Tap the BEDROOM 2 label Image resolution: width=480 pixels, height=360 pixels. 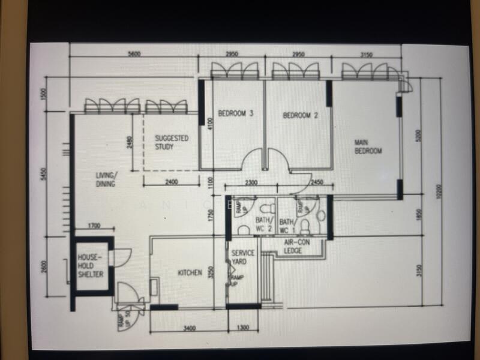click(x=300, y=115)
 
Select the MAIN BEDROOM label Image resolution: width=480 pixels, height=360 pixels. click(x=368, y=146)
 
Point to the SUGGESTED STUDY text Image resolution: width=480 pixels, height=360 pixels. click(x=172, y=142)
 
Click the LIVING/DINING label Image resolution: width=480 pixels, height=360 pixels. click(x=107, y=179)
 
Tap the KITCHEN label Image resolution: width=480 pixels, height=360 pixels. click(x=190, y=273)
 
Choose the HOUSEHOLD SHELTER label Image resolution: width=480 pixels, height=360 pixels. click(x=91, y=266)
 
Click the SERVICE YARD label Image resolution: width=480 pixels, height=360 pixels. click(x=244, y=257)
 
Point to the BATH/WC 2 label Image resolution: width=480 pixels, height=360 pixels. click(x=264, y=225)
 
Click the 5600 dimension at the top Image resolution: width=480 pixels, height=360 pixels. click(x=134, y=54)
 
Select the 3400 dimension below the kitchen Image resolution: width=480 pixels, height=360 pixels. click(x=188, y=328)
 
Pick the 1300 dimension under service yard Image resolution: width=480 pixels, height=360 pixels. click(x=242, y=328)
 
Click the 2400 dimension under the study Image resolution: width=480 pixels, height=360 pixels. click(x=171, y=182)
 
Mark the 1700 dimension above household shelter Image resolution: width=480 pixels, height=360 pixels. click(x=94, y=226)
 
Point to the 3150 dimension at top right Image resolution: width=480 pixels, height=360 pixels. click(x=366, y=55)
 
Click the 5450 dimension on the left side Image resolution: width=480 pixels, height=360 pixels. click(x=43, y=174)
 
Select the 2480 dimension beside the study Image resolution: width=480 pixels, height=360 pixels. click(x=129, y=143)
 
